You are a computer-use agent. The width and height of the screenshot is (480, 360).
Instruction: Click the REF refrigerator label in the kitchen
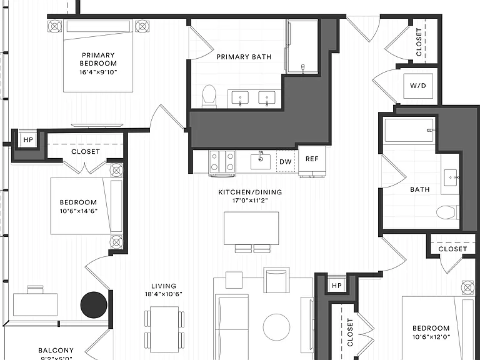[x=312, y=159]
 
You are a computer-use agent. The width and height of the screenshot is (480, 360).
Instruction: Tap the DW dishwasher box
[x=286, y=161]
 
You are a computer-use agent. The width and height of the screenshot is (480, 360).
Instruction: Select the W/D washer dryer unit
[x=418, y=86]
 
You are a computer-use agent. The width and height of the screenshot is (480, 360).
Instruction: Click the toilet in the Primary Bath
[x=209, y=96]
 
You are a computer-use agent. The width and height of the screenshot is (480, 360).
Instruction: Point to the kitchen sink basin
[x=261, y=161]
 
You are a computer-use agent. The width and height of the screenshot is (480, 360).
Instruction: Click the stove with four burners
[x=222, y=162]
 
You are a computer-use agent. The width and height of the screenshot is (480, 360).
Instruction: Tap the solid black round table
[x=94, y=305]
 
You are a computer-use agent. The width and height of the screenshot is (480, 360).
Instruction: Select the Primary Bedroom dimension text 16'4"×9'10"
[x=98, y=72]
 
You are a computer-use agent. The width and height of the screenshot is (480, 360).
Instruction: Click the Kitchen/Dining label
[x=250, y=192]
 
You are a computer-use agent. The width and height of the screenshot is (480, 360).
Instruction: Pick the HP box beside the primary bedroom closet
[x=28, y=140]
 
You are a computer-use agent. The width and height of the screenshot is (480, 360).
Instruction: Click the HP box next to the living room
[x=337, y=286]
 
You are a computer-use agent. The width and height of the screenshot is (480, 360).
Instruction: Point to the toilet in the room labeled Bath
[x=447, y=212]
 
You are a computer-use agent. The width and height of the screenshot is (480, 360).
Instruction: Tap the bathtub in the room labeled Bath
[x=409, y=131]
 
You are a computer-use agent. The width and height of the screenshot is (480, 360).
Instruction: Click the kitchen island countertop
[x=251, y=228]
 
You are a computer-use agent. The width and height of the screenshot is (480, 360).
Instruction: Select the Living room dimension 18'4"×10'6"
[x=164, y=294]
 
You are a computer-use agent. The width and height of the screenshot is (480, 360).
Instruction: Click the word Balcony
[x=56, y=350]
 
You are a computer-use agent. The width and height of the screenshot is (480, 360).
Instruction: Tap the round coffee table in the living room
[x=276, y=327]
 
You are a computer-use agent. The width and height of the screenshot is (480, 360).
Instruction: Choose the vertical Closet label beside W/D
[x=419, y=42]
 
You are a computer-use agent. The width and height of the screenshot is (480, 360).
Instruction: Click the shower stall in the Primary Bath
[x=302, y=46]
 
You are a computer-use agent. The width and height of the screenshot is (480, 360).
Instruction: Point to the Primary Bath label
[x=244, y=57]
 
